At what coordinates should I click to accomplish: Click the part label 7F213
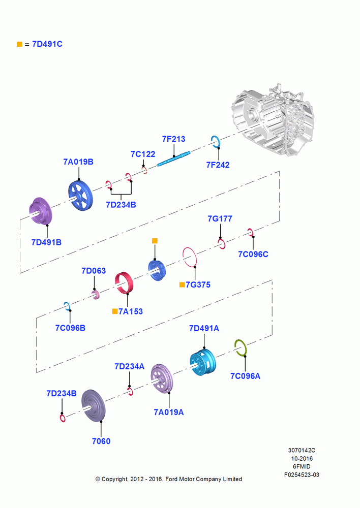173,139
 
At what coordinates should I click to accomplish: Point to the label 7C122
143,154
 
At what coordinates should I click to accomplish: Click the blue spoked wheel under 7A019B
80,196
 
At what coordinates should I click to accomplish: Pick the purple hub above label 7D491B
41,211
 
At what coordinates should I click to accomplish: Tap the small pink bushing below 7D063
96,295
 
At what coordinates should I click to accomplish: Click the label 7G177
220,219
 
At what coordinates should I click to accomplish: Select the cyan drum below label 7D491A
202,362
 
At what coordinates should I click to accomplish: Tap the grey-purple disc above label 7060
94,405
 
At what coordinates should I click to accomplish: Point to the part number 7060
101,441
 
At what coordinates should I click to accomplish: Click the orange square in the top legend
19,44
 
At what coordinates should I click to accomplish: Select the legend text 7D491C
47,44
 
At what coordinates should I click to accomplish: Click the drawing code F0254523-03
302,475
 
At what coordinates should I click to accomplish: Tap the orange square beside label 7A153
115,311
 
